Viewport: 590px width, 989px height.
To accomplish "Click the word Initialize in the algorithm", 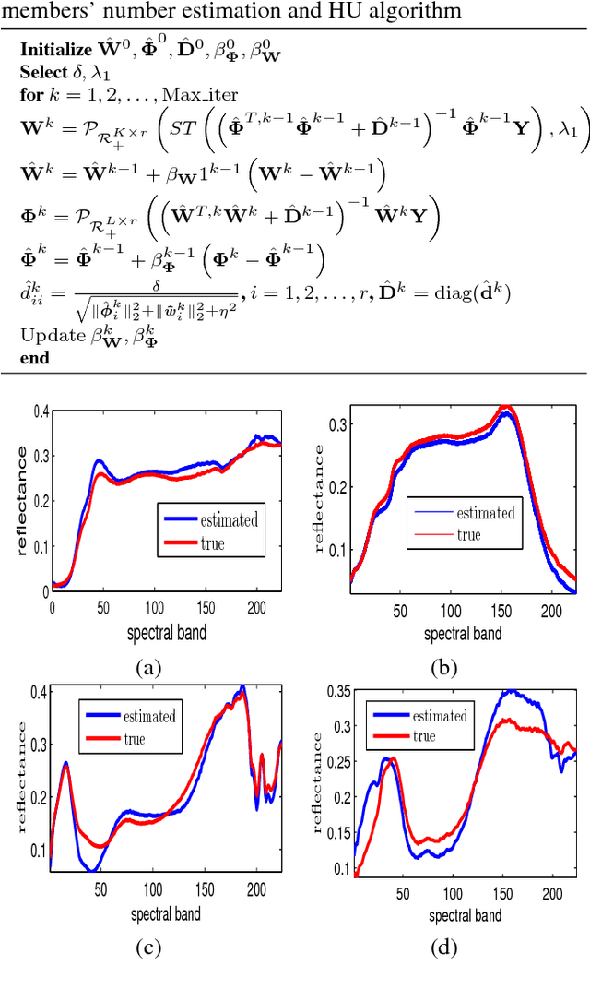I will point(55,51).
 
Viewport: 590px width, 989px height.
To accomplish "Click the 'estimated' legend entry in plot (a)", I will point(230,519).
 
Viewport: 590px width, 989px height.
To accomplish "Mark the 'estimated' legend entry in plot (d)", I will point(440,716).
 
